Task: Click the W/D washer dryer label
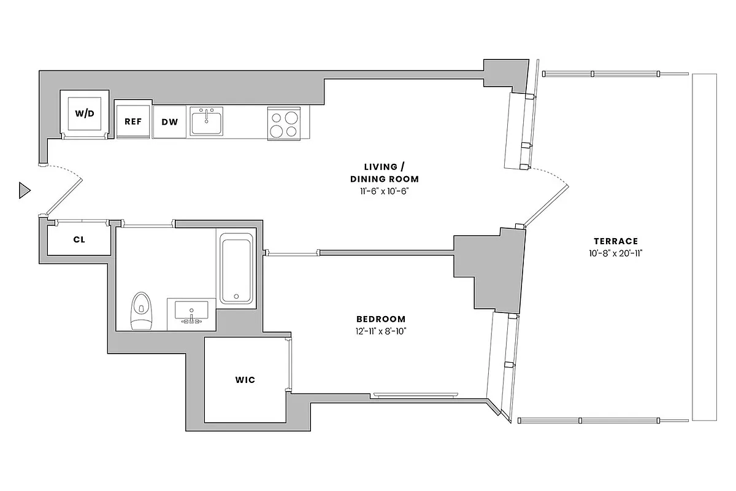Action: click(85, 114)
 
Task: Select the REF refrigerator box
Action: click(133, 121)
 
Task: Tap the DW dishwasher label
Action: click(169, 122)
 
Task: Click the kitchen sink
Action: click(207, 122)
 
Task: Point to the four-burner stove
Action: click(284, 123)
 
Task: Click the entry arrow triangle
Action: click(24, 191)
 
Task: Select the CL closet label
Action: click(79, 239)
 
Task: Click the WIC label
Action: click(245, 380)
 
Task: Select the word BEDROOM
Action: click(381, 319)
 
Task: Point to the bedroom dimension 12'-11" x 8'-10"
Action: click(381, 332)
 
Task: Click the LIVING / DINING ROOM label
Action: click(391, 172)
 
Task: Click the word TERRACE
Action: click(615, 241)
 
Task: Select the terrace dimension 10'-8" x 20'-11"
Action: click(615, 253)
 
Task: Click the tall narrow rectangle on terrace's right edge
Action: click(704, 247)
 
